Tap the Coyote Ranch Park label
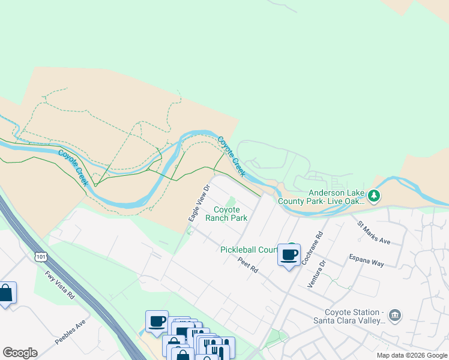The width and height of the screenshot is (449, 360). (x=226, y=214)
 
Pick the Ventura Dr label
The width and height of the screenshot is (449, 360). (x=316, y=274)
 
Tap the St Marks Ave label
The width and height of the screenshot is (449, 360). (x=373, y=233)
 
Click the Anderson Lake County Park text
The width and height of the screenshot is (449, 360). (x=336, y=197)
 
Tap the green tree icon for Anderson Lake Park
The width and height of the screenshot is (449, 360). (x=374, y=196)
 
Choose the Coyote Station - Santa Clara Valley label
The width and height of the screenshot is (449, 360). (x=354, y=316)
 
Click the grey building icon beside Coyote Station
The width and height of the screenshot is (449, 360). (x=395, y=315)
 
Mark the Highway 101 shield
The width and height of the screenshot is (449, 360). (x=41, y=257)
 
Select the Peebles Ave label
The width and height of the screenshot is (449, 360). (x=71, y=331)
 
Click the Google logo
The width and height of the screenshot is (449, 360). (x=20, y=353)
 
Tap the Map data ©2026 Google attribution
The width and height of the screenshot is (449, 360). (x=412, y=355)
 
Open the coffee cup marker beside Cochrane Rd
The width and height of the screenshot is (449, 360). (x=289, y=254)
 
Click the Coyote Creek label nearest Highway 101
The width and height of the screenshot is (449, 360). (x=73, y=166)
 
